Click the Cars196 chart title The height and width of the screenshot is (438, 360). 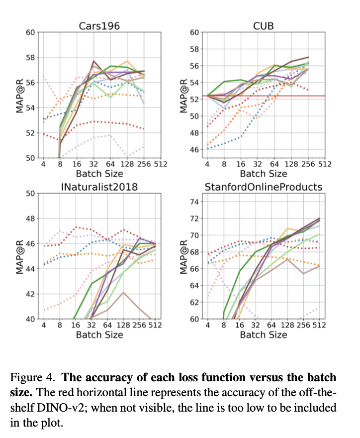pyautogui.click(x=99, y=25)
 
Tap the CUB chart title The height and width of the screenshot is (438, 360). pyautogui.click(x=264, y=25)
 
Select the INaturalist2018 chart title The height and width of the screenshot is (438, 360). pyautogui.click(x=99, y=187)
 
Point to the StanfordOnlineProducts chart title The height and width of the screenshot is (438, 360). pyautogui.click(x=264, y=187)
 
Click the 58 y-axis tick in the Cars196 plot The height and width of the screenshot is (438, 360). pyautogui.click(x=31, y=57)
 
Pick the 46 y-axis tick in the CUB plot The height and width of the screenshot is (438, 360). pyautogui.click(x=195, y=149)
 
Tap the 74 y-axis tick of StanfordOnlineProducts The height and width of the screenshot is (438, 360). pyautogui.click(x=195, y=202)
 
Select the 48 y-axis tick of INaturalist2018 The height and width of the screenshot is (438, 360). pyautogui.click(x=31, y=218)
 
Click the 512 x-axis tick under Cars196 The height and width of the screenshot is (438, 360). pyautogui.click(x=160, y=164)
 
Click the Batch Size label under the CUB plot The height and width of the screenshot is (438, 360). pyautogui.click(x=264, y=174)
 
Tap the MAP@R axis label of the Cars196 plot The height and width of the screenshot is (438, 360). pyautogui.click(x=20, y=95)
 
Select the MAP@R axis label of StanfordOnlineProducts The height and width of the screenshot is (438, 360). pyautogui.click(x=184, y=256)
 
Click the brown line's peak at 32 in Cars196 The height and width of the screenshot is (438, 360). pyautogui.click(x=94, y=61)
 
